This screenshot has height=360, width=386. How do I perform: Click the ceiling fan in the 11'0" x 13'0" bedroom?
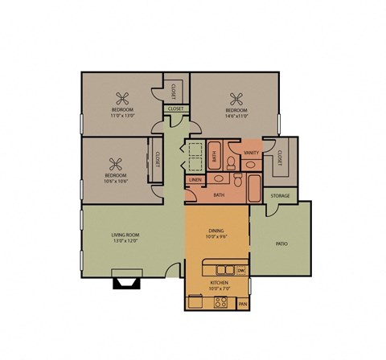tap(122, 100)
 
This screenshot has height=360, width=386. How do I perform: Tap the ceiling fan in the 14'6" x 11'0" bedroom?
tap(236, 100)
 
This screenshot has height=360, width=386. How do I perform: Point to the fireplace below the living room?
tap(125, 281)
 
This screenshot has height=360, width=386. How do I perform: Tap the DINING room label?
tap(216, 231)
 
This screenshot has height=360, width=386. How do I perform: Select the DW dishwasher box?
tap(240, 270)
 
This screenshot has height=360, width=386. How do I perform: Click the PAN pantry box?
tap(243, 305)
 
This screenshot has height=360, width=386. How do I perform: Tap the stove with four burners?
tap(220, 303)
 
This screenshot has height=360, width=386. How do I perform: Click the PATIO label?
tap(281, 243)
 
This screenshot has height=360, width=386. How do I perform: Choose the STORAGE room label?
tap(279, 195)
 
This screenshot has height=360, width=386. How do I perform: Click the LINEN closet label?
tap(195, 180)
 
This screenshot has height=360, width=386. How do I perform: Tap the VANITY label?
tap(250, 153)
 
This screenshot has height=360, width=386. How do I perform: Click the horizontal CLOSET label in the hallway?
tap(175, 108)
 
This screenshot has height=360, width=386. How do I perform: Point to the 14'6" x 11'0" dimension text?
tap(236, 117)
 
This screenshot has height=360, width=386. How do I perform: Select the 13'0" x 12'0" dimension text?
tap(125, 241)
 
